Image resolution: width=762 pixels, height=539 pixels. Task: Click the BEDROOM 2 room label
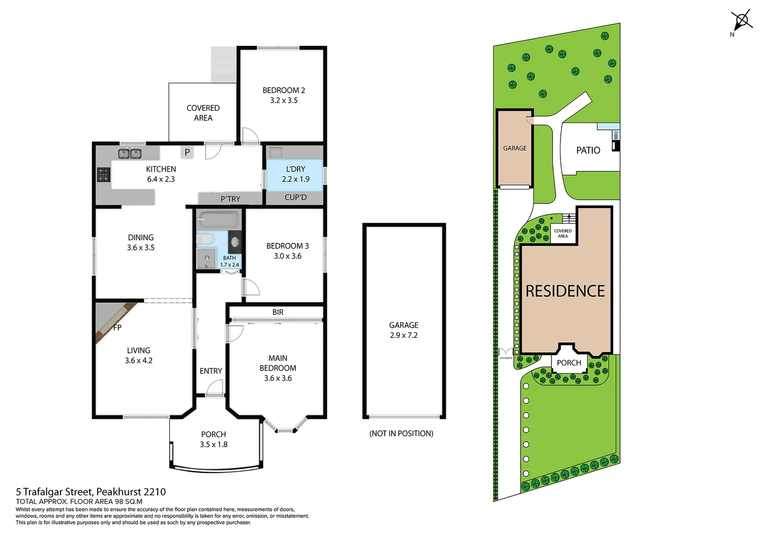point(283,90)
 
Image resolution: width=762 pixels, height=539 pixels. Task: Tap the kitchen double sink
point(130,154)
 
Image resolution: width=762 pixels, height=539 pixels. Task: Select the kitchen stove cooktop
point(103,175)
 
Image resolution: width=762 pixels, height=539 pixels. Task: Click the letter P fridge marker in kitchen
point(187,152)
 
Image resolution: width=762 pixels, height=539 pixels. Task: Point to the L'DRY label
point(295,169)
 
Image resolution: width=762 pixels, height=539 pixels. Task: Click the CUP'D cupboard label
point(295,198)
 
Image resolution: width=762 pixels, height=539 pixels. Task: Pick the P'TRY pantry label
point(231,199)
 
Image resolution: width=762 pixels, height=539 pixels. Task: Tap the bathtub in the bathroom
point(219,220)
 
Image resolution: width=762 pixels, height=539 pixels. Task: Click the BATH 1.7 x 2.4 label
point(230,262)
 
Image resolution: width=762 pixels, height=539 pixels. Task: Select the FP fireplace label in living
point(117,328)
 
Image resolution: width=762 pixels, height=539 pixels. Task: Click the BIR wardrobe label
point(278,312)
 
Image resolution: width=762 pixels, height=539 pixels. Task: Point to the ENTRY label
point(211,371)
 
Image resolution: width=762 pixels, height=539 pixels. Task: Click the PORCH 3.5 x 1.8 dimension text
point(214,445)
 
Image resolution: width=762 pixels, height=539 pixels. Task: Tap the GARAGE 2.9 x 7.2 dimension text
point(404,335)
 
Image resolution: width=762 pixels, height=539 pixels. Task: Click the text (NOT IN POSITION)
point(401,434)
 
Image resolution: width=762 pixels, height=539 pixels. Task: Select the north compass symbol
point(742,21)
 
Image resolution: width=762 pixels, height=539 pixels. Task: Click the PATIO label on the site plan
point(588,150)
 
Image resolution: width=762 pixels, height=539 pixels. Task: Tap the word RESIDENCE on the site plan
point(565,291)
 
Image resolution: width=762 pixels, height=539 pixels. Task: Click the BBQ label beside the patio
point(616,135)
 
